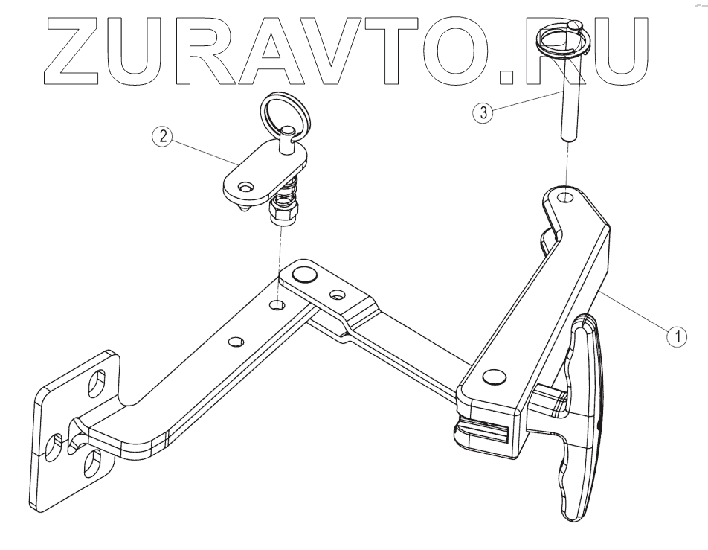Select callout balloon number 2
[x=161, y=137]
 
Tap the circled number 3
[x=482, y=113]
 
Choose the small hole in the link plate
[x=338, y=295]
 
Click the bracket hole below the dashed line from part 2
[x=277, y=305]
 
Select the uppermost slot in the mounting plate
[x=97, y=386]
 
